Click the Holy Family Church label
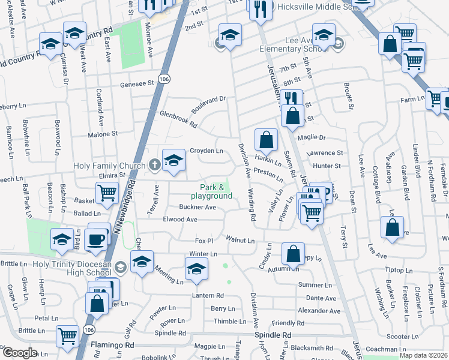(x=109, y=166)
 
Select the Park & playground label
(x=211, y=192)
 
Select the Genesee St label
(x=137, y=85)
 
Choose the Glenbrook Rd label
(x=178, y=119)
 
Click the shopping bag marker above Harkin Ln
(x=266, y=142)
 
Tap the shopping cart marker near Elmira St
(x=106, y=193)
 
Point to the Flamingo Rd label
(x=112, y=346)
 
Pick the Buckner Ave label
(x=197, y=208)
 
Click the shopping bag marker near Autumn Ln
(x=293, y=254)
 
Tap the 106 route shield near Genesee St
(x=164, y=79)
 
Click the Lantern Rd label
(x=208, y=296)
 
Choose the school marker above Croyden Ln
(x=173, y=161)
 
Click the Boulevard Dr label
(x=208, y=105)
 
